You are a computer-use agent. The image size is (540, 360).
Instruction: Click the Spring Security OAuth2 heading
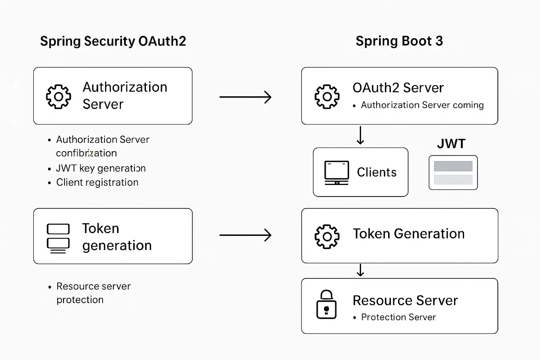point(113,41)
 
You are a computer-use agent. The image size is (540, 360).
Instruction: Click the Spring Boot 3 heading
point(399,41)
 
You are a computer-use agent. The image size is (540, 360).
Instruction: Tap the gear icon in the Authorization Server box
point(58,97)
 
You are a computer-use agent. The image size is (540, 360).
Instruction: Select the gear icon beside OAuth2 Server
point(327,97)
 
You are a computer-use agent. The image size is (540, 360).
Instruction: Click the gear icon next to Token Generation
point(327,237)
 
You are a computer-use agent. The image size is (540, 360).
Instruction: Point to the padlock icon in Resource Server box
point(326,305)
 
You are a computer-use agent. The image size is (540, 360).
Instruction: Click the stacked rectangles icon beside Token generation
point(58,238)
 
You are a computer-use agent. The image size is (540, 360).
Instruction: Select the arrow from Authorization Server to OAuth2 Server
point(245,97)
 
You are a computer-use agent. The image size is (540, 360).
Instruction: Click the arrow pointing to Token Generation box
point(245,235)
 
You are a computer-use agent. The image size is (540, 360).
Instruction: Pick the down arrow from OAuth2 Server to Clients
point(360,135)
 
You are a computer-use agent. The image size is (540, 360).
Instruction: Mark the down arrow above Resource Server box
point(360,270)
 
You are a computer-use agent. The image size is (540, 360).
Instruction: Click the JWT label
point(451,144)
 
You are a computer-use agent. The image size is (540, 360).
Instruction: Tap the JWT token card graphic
point(453,173)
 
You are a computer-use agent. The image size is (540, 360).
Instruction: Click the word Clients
point(377,172)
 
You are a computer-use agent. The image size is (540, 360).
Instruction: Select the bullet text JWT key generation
point(101,168)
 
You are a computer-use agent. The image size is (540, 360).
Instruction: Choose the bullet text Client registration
point(97,182)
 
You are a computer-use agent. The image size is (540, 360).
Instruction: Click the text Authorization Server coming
point(422,105)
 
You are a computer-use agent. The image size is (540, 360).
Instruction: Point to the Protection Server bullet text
point(398,317)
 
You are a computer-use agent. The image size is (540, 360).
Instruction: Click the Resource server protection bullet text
point(93,293)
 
